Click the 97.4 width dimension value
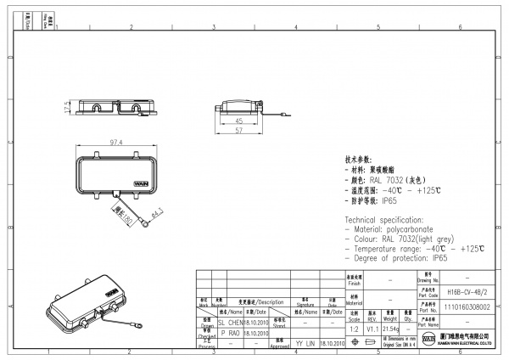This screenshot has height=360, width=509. (117, 142)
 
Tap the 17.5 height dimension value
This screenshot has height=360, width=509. (65, 108)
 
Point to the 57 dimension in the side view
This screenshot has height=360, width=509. (238, 132)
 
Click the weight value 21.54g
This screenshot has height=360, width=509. (390, 327)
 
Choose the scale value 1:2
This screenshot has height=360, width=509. (353, 327)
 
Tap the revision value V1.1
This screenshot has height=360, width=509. (372, 327)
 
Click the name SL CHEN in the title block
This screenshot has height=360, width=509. (231, 323)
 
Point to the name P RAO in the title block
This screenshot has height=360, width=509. (231, 333)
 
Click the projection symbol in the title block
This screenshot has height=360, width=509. (366, 343)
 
